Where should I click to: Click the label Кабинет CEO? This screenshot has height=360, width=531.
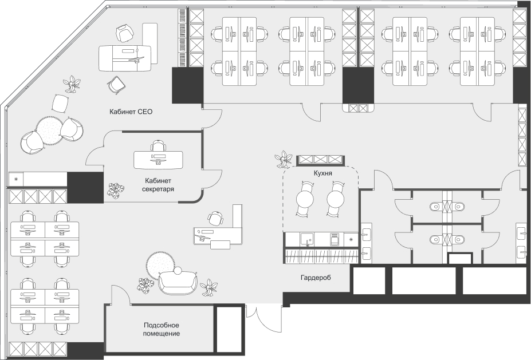coord(131,112)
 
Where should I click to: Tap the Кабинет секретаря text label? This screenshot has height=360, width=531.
coord(158,185)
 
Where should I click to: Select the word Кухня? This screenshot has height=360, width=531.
coord(322,173)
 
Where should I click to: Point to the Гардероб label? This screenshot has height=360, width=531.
coord(316,278)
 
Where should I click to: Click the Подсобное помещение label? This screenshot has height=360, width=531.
coord(161,330)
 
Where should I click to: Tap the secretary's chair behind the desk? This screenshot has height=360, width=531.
coord(158,145)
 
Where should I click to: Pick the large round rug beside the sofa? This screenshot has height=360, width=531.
coord(160,265)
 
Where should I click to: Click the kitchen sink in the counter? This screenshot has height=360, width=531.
coord(307,240)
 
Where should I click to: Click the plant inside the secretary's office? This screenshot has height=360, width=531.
coord(116,190)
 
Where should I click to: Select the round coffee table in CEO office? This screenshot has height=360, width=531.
coord(49,130)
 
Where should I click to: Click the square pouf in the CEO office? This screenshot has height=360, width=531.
coord(61,103)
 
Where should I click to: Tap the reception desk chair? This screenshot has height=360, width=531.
coord(215,218)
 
